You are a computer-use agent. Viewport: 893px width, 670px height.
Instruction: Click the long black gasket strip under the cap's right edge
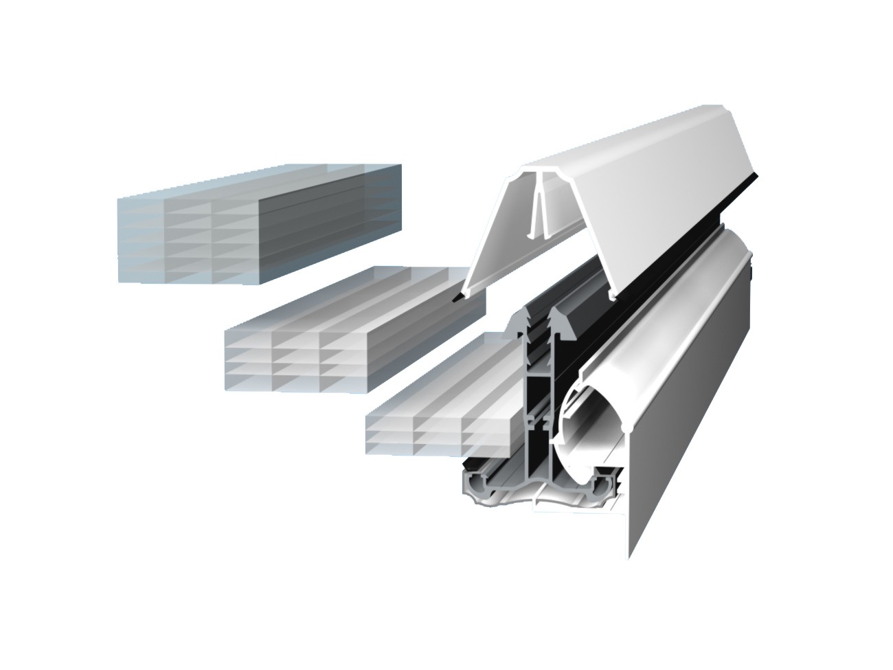pos(687,227)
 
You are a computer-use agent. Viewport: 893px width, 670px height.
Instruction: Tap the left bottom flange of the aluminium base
pos(481,484)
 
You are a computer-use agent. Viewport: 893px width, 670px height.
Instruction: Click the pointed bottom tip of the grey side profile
pos(628,553)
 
